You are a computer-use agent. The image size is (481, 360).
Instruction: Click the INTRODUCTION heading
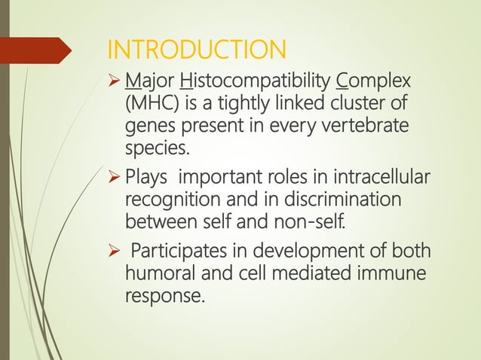point(197,51)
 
